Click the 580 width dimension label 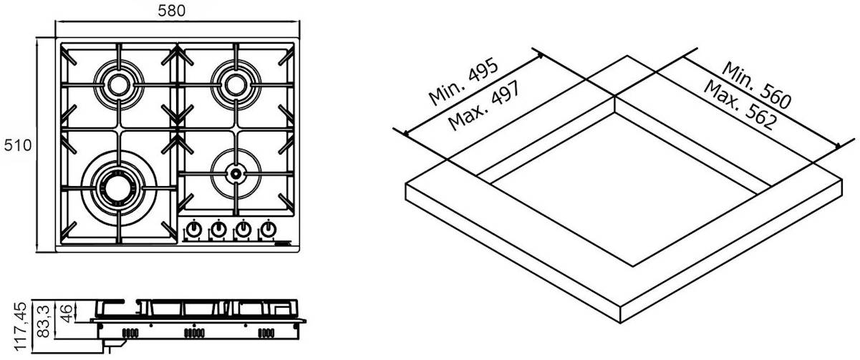[x=172, y=11]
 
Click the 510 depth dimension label [x=18, y=145]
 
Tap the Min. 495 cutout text [x=464, y=81]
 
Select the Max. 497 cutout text [x=485, y=104]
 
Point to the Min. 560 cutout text [x=756, y=84]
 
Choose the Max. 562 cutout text [x=740, y=104]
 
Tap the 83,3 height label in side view [x=44, y=321]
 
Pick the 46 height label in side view [x=66, y=313]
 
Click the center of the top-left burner [x=119, y=85]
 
